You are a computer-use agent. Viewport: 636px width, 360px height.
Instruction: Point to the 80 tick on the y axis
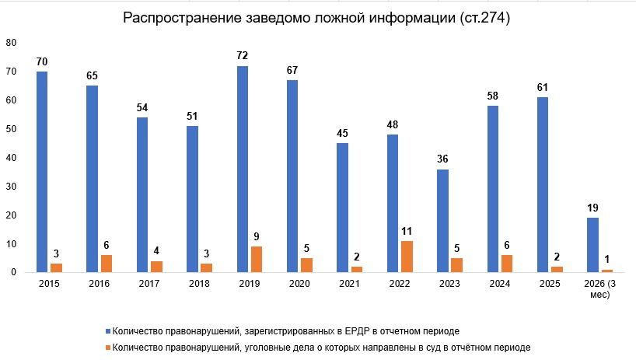coord(11,44)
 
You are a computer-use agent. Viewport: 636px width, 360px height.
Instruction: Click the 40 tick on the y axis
coord(11,158)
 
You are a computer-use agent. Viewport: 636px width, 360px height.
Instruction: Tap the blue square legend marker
coord(107,330)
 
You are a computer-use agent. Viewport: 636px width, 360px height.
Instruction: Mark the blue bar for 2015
coord(41,172)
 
